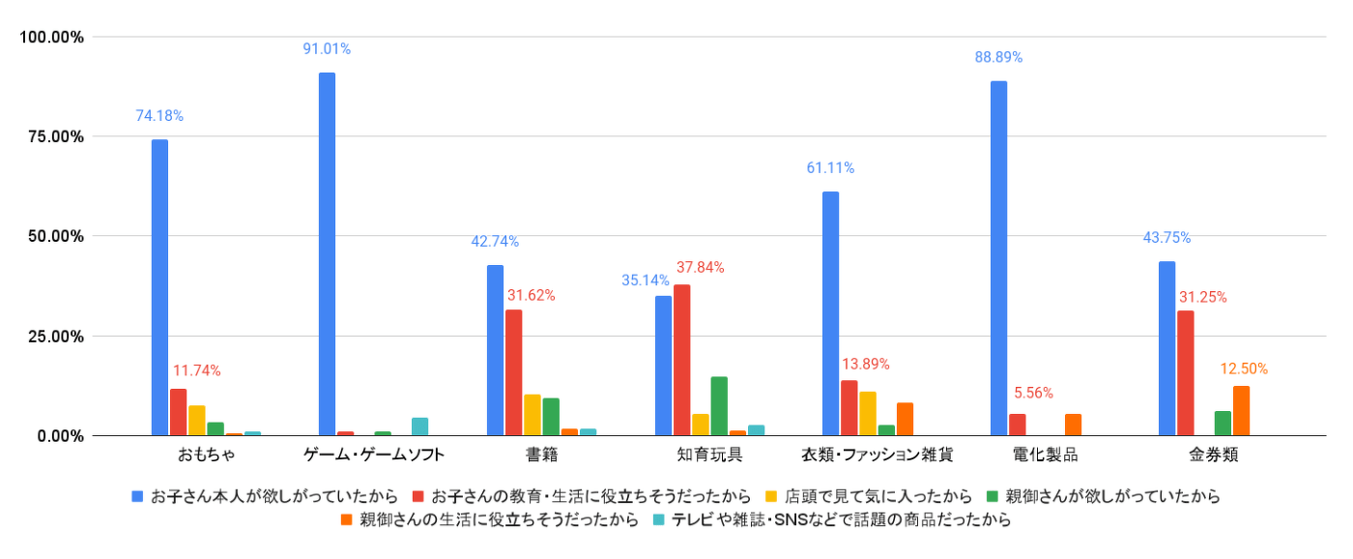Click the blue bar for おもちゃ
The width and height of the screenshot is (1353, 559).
coord(159,287)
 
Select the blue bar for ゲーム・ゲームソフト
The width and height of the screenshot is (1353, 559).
coord(327,254)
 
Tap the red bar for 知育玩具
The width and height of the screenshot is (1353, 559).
coord(681,360)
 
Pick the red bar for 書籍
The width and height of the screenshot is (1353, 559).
coord(514,372)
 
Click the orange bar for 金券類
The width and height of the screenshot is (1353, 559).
coord(1241,411)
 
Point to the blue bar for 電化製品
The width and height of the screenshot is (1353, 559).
coord(998,258)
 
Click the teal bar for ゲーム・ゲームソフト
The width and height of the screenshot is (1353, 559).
coord(419,427)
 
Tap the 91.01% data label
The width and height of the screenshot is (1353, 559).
coord(327,48)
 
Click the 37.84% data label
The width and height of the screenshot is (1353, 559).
coord(701,267)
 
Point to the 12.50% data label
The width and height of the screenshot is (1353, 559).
coord(1244,368)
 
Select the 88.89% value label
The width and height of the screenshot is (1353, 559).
coord(998,57)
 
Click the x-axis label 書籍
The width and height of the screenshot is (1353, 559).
coord(541,454)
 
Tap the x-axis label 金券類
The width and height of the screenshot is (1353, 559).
coord(1213,454)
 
